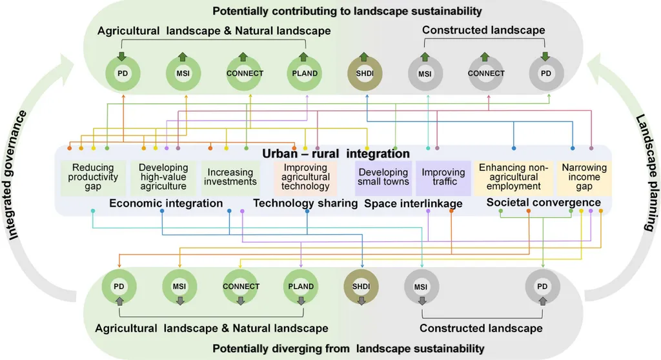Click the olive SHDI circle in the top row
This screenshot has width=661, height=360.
[x=366, y=74]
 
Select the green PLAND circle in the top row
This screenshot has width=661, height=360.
[x=305, y=74]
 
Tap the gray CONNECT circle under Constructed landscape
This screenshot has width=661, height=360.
[x=485, y=74]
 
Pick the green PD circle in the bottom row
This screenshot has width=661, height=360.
[x=119, y=286]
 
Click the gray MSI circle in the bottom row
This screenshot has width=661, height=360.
[x=421, y=286]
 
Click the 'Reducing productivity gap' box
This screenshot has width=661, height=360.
[x=95, y=177]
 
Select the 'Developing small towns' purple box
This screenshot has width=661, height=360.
[x=383, y=177]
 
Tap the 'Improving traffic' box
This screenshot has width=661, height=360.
[x=443, y=177]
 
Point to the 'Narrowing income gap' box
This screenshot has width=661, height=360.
[x=584, y=177]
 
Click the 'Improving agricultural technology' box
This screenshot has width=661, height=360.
[x=306, y=177]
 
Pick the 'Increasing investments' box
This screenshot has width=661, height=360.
[x=230, y=177]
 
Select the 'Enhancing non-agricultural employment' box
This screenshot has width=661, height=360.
[x=513, y=177]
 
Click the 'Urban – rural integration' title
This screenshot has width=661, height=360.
[x=336, y=154]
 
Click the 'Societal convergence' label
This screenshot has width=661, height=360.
[x=534, y=203]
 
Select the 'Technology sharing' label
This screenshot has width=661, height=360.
[x=305, y=203]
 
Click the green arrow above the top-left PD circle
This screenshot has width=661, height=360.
[x=121, y=57]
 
